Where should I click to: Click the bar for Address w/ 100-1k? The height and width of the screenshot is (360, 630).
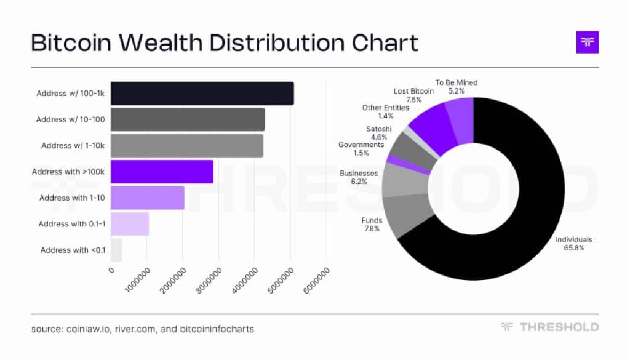click(x=202, y=94)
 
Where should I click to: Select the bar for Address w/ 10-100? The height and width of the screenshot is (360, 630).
click(x=187, y=119)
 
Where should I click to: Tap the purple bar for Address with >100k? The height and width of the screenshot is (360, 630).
click(x=162, y=172)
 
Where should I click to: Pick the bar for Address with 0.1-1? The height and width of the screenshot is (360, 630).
click(x=130, y=224)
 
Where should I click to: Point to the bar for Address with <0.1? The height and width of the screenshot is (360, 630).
click(x=116, y=250)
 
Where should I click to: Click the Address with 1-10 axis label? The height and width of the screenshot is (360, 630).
click(x=73, y=198)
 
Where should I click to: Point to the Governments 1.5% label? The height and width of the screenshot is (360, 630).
click(x=361, y=148)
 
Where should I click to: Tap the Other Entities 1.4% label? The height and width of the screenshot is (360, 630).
click(x=385, y=111)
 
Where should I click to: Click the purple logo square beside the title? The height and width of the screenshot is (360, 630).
click(x=587, y=42)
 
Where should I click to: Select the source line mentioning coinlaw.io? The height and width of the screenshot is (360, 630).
click(x=142, y=329)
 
